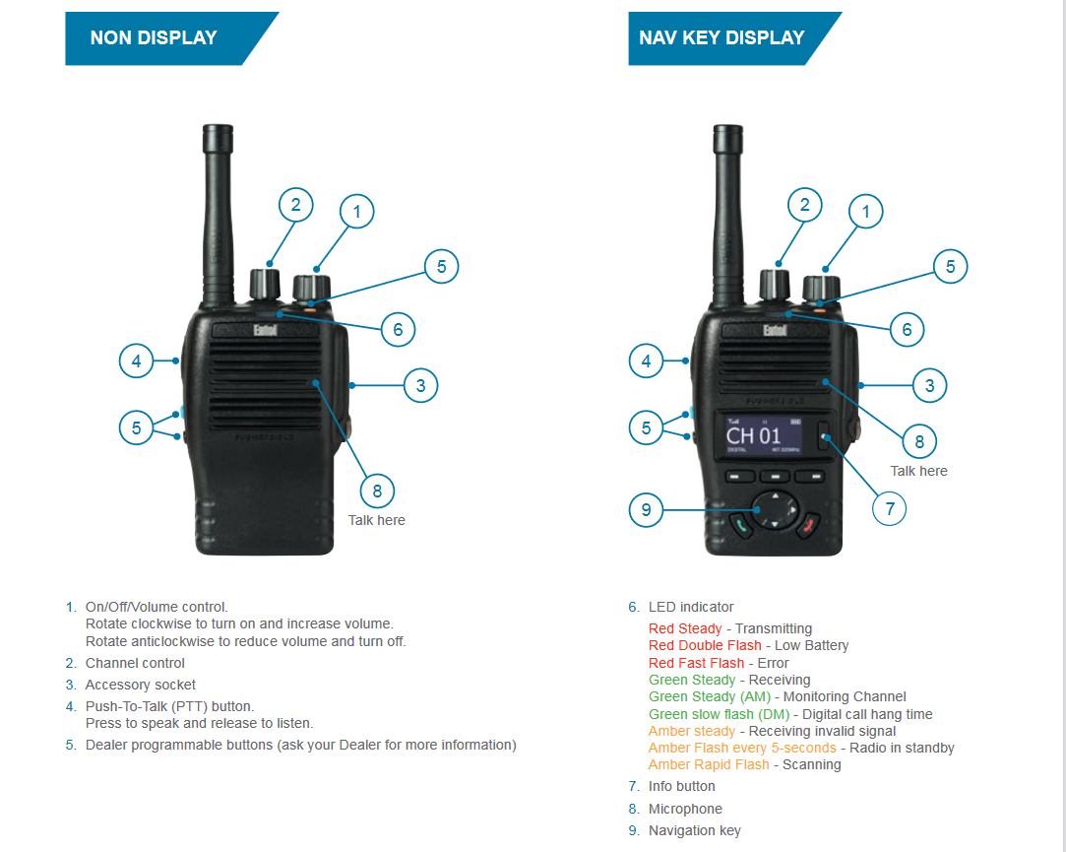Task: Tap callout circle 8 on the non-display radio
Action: tap(377, 491)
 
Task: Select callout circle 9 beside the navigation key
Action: tap(646, 509)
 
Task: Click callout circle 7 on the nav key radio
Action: tap(890, 508)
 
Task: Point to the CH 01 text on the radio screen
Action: tap(753, 435)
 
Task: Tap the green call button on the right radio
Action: tap(741, 525)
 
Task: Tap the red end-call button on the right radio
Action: tap(808, 525)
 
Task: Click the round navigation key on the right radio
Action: tap(775, 509)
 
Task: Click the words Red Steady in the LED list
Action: tap(685, 628)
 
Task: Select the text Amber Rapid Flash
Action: tap(709, 765)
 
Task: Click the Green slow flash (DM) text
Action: tap(719, 714)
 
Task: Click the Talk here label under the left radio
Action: tap(377, 521)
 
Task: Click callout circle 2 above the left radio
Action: tap(295, 205)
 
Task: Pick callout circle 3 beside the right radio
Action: tap(930, 386)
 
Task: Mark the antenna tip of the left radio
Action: tap(219, 127)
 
